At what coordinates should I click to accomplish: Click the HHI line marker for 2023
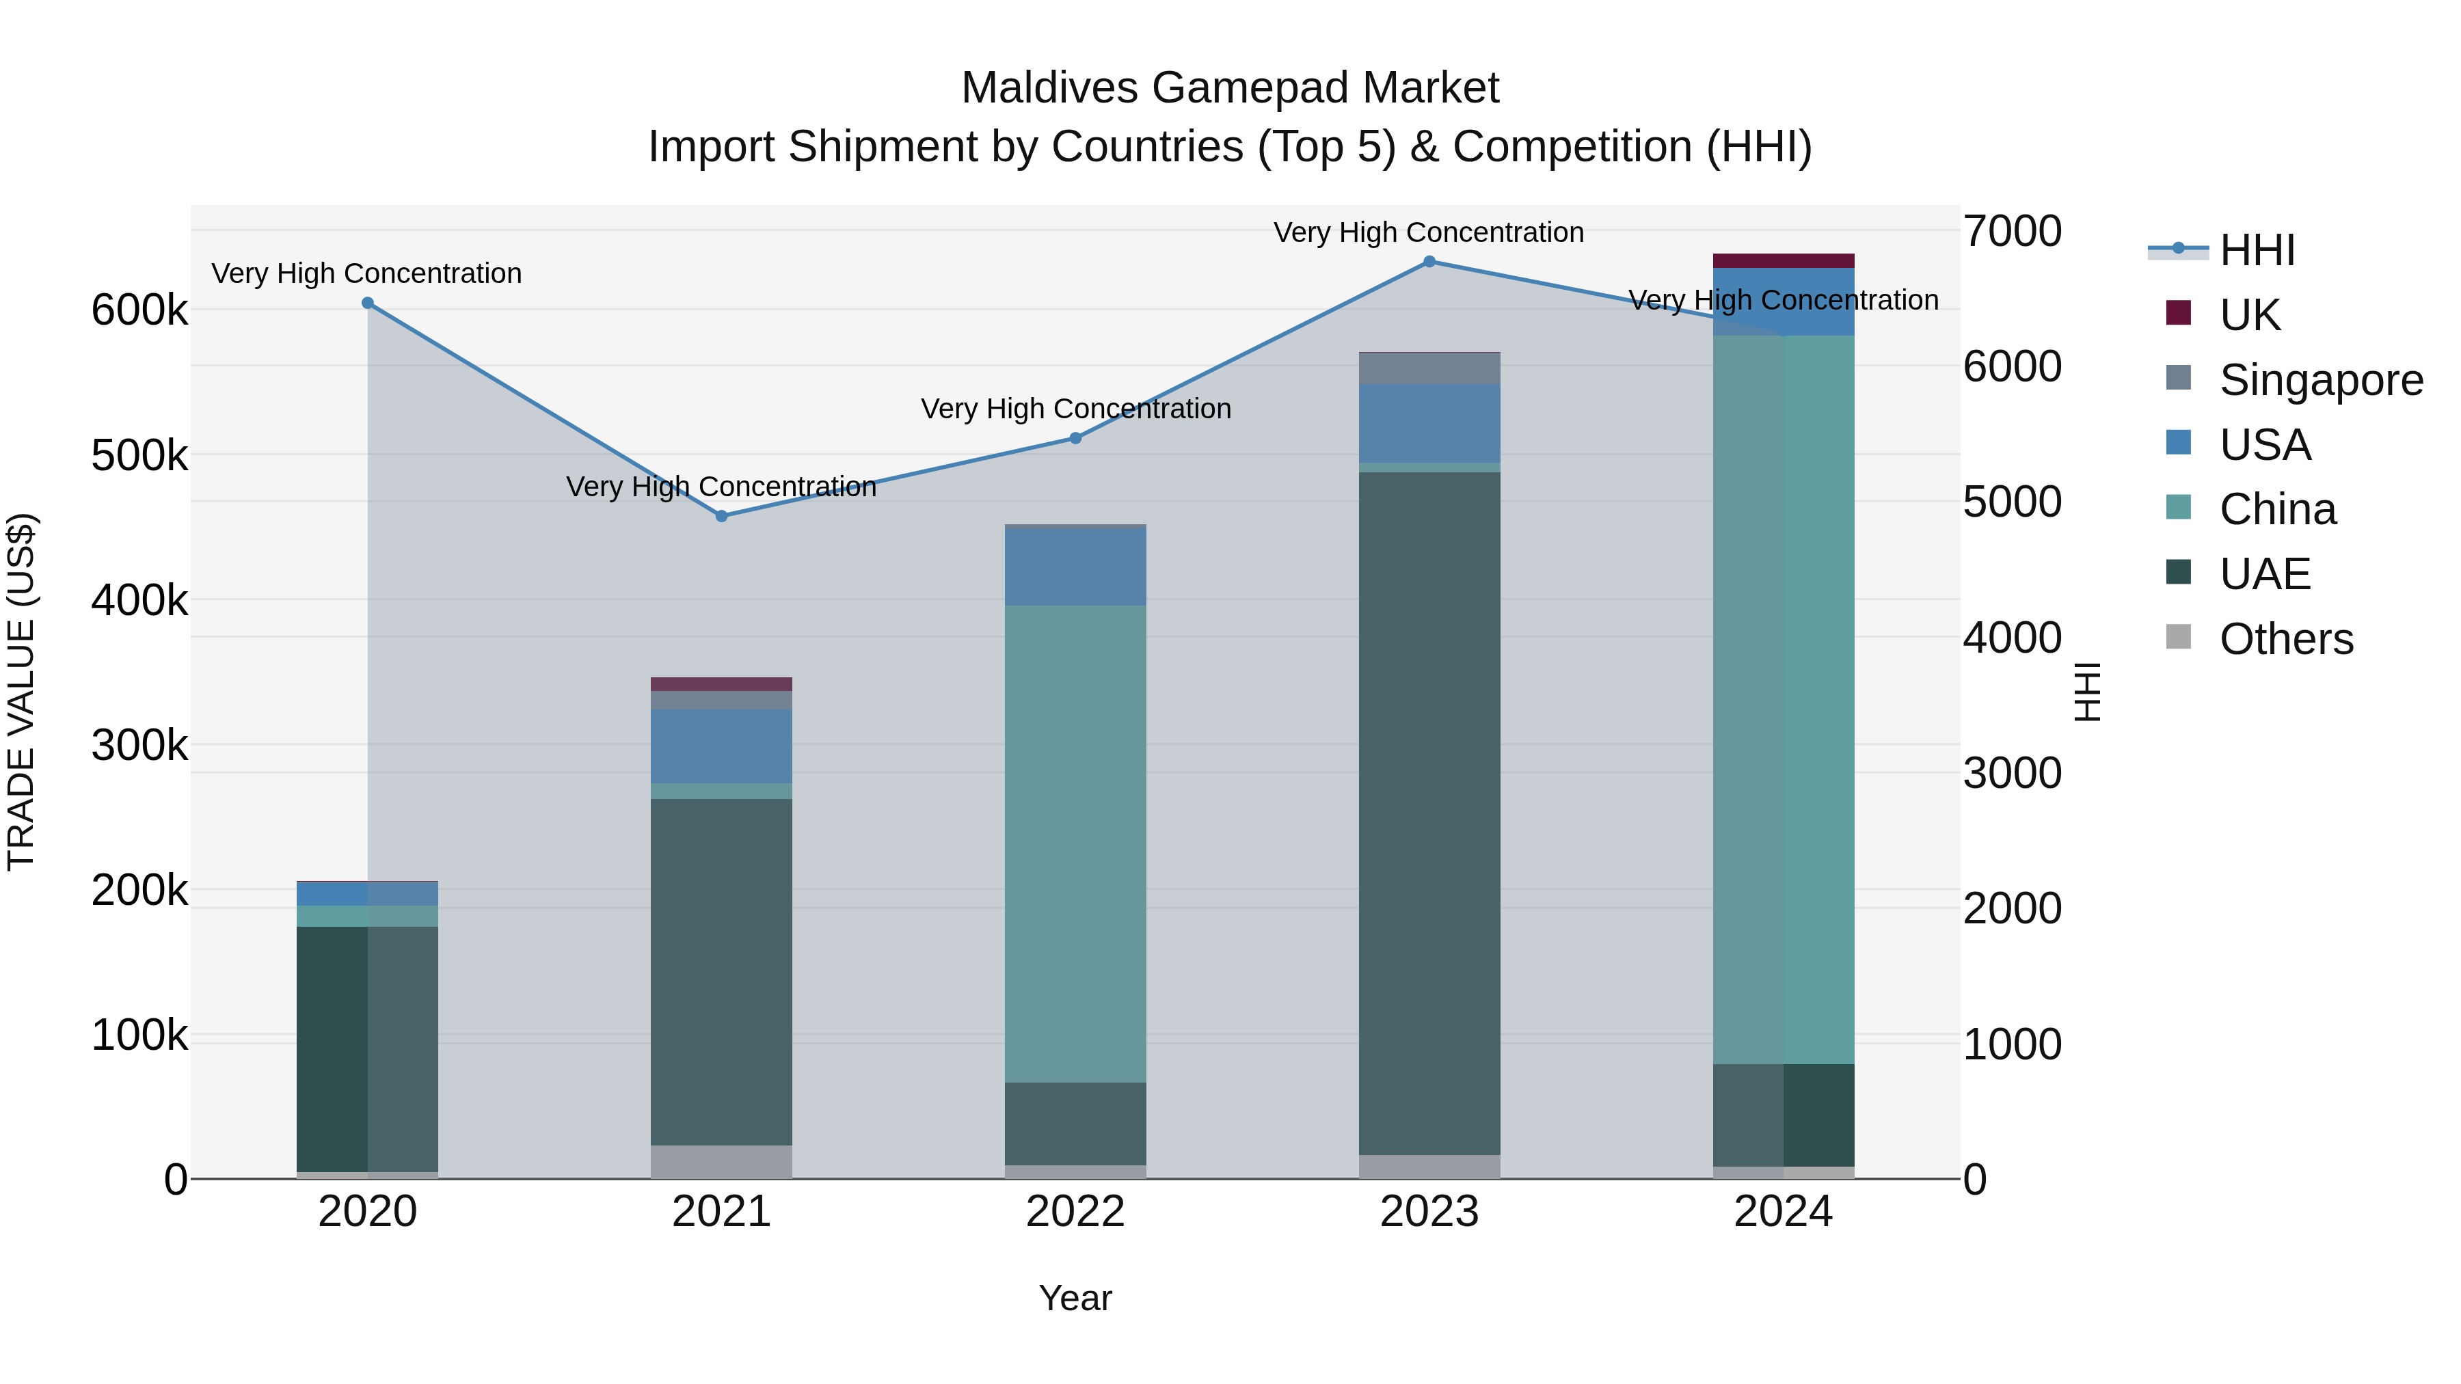[1429, 262]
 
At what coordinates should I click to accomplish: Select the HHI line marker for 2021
[721, 516]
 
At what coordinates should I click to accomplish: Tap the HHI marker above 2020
[368, 303]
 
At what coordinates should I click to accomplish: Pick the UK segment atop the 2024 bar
[1783, 261]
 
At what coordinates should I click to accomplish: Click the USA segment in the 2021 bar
[721, 747]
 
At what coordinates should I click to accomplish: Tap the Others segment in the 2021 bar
[721, 1161]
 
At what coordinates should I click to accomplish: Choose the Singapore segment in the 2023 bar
[1429, 368]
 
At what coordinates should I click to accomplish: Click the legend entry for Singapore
[2321, 380]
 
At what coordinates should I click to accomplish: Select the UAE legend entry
[2264, 574]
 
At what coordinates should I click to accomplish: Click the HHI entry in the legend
[2257, 250]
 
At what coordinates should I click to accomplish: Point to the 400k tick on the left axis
[139, 601]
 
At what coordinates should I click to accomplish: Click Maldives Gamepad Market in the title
[1230, 88]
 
